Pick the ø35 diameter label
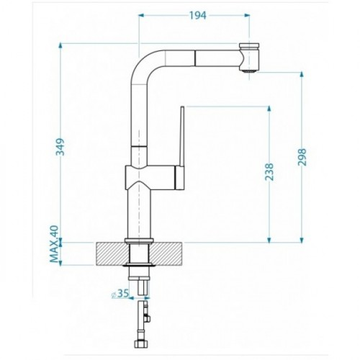[x=120, y=294]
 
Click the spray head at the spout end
[x=248, y=58]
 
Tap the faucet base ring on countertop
[x=139, y=240]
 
